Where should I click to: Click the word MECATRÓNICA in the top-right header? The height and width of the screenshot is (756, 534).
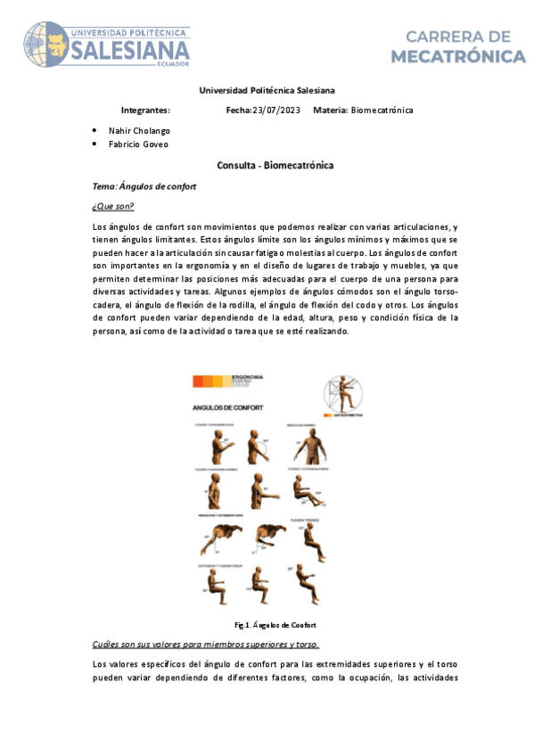coord(459,57)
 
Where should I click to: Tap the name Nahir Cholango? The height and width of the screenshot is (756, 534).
coord(139,130)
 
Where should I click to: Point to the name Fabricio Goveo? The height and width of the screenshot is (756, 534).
coord(138,144)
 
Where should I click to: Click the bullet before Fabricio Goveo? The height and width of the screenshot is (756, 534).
coord(95,144)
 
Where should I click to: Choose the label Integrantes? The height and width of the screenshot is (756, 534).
coord(145,110)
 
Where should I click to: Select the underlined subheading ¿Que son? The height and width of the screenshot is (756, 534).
coord(113,207)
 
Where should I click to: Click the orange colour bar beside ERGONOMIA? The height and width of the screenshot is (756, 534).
coord(211,381)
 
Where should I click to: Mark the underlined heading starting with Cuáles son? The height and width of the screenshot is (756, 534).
coord(206,643)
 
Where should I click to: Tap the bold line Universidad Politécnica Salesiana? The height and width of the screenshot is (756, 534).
coord(267,90)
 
